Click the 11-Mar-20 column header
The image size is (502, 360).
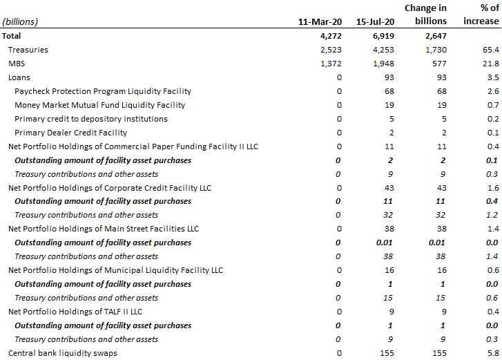[x=320, y=21]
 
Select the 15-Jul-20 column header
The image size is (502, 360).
[x=375, y=21]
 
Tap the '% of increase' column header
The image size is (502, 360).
[x=481, y=15]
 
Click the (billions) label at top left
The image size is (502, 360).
[x=20, y=22]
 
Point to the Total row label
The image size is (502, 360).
[x=11, y=36]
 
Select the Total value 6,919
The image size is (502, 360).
[x=383, y=36]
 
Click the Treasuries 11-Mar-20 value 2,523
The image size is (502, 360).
[x=331, y=50]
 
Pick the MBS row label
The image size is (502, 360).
[x=17, y=64]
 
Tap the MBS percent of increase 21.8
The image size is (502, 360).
[x=491, y=64]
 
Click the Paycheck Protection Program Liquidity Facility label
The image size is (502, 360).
[x=103, y=91]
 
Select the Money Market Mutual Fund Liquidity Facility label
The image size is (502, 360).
[x=100, y=105]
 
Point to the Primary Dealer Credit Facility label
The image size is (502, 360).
[x=70, y=133]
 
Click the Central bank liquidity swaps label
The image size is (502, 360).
[x=63, y=353]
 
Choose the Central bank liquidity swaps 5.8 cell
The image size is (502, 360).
[x=493, y=353]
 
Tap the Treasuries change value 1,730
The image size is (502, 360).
[x=436, y=50]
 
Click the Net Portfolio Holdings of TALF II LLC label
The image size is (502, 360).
[x=75, y=312]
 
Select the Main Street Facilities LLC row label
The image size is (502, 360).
[x=104, y=229]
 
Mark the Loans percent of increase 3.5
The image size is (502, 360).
[x=493, y=77]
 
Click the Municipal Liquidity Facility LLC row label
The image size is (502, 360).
[x=115, y=270]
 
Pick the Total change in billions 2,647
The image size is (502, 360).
[x=436, y=36]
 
